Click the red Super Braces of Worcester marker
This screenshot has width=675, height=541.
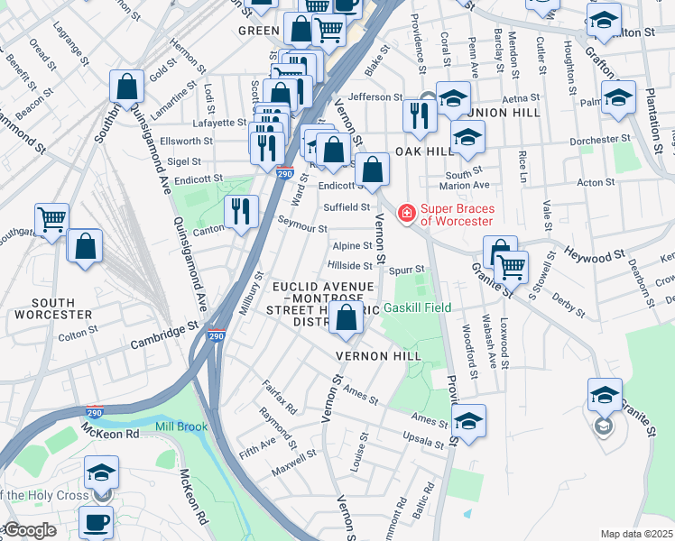[407, 213]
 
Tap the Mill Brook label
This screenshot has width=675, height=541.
[180, 426]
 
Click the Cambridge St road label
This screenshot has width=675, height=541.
[163, 335]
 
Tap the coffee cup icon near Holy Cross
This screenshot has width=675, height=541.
[96, 522]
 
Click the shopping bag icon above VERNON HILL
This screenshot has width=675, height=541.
[347, 316]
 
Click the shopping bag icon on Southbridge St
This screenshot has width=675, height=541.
[127, 87]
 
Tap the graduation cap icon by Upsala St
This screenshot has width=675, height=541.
[468, 421]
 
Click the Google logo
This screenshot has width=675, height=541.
[29, 530]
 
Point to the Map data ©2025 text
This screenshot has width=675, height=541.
[636, 533]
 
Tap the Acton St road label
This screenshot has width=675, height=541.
[596, 182]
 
